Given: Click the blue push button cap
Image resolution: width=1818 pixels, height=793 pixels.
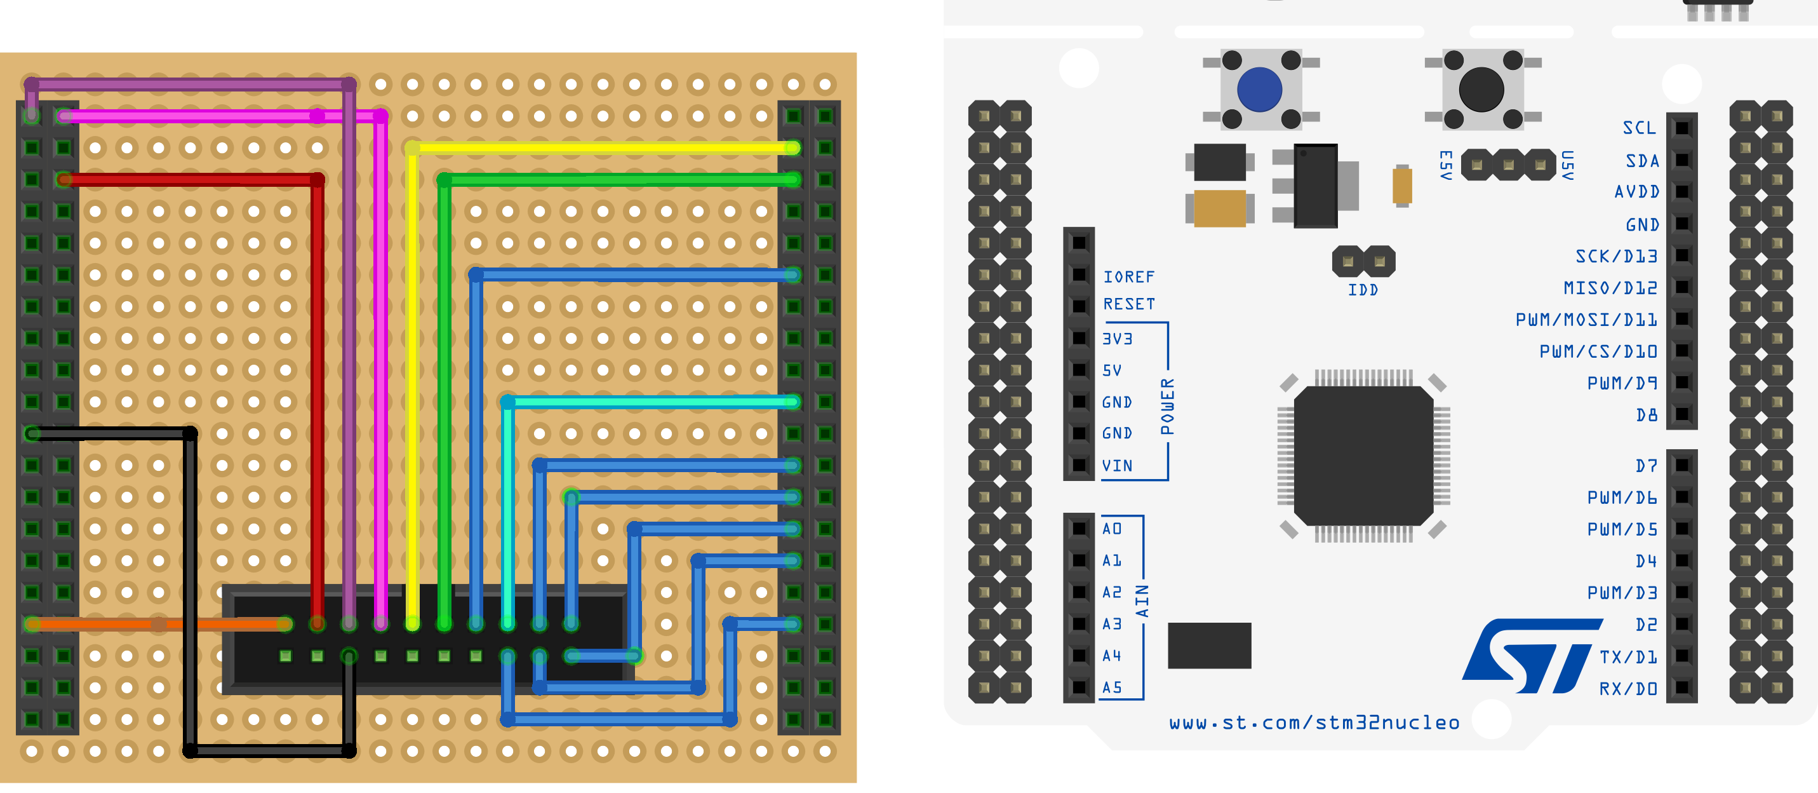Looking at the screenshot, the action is (1260, 89).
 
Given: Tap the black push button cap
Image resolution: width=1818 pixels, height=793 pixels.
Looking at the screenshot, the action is (1481, 89).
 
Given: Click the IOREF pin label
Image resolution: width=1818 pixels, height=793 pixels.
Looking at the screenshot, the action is (1129, 277).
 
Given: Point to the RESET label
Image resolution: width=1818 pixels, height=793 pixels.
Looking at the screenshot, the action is (1129, 304).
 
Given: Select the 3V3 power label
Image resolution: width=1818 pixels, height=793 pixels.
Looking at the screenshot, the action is (1117, 339).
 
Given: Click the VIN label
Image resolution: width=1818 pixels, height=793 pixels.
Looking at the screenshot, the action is (1117, 466).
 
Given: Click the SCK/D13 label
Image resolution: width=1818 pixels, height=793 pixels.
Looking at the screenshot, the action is (1616, 256).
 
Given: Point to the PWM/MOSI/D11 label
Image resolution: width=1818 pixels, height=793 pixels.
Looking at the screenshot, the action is (1586, 320).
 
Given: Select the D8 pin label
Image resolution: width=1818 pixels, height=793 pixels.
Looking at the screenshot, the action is (1647, 415).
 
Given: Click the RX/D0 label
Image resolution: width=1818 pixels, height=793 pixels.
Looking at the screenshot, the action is (1628, 689).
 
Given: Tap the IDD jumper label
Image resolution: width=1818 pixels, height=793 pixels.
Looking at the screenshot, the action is (1363, 290).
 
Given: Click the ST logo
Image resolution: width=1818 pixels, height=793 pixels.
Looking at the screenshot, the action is (1532, 656).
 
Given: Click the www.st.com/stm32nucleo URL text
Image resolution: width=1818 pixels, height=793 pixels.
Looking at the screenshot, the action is (1314, 722).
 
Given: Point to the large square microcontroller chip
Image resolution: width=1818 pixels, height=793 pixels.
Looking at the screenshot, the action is (1363, 456).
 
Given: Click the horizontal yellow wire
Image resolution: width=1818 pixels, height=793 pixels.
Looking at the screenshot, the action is (603, 148).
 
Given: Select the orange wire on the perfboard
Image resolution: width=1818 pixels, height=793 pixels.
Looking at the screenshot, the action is (159, 624).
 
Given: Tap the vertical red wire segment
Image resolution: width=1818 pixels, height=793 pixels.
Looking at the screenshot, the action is (317, 402).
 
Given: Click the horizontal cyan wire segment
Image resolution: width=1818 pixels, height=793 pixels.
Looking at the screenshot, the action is (651, 402).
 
